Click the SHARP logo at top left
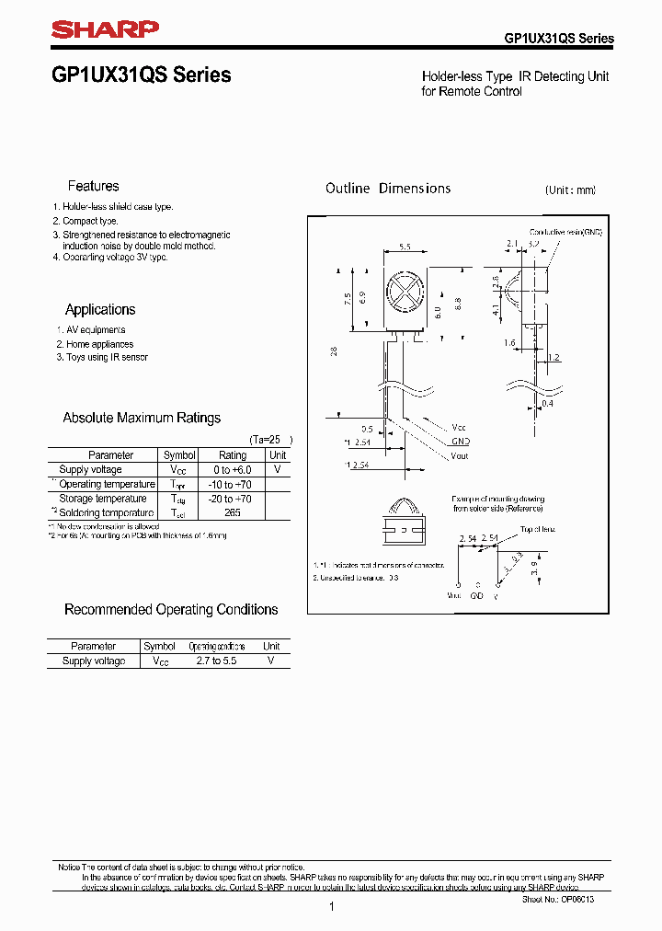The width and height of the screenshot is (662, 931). pyautogui.click(x=105, y=30)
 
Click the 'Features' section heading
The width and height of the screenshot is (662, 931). pyautogui.click(x=93, y=186)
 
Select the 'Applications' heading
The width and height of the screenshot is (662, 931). pyautogui.click(x=100, y=310)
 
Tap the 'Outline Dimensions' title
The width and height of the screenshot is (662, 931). pyautogui.click(x=388, y=189)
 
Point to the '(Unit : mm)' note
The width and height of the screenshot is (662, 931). pyautogui.click(x=570, y=190)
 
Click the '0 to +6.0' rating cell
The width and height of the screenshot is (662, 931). pyautogui.click(x=232, y=469)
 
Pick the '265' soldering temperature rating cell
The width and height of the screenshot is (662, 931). pyautogui.click(x=232, y=512)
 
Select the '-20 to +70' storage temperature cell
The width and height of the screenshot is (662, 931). pyautogui.click(x=232, y=499)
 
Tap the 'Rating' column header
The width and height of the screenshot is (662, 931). pyautogui.click(x=232, y=455)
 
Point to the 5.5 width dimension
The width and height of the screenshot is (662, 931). pyautogui.click(x=404, y=247)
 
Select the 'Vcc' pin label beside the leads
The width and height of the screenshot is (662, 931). pyautogui.click(x=459, y=428)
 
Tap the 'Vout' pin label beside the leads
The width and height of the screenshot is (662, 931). pyautogui.click(x=460, y=455)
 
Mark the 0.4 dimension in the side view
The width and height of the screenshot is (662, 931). pyautogui.click(x=548, y=403)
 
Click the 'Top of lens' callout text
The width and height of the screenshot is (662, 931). pyautogui.click(x=539, y=530)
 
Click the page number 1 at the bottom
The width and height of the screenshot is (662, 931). pyautogui.click(x=331, y=907)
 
